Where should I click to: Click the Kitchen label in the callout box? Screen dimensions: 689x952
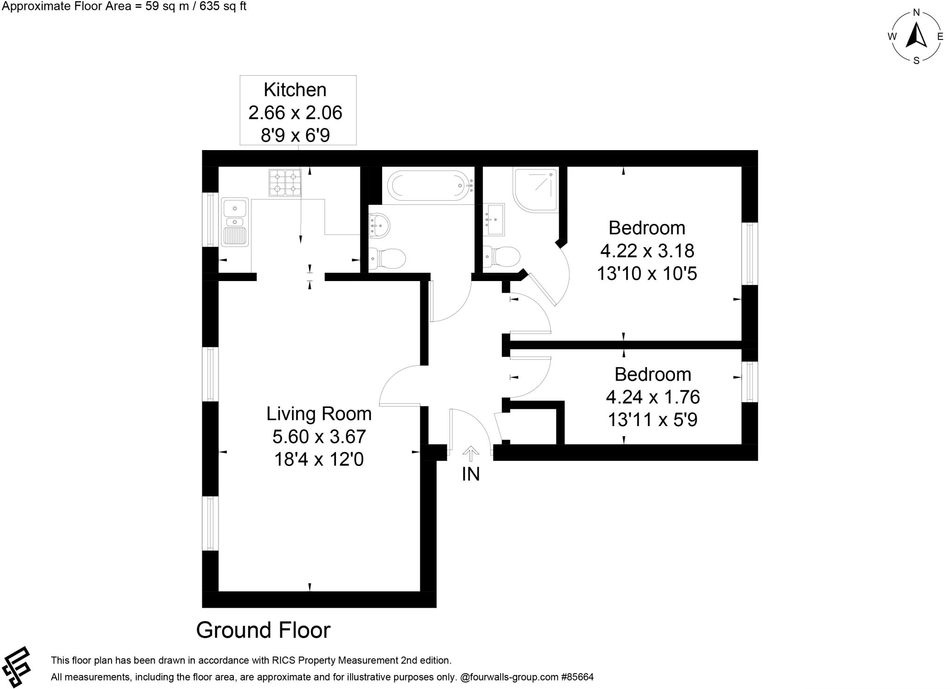[295, 90]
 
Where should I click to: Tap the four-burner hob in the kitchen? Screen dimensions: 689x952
[284, 183]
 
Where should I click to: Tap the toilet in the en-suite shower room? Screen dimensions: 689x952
[502, 256]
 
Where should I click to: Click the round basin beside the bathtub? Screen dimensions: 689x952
[379, 225]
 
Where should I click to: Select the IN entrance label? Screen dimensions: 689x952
[470, 474]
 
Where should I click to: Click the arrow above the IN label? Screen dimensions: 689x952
[470, 453]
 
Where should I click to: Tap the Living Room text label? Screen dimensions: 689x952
[318, 413]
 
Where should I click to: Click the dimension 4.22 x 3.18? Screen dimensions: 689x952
[647, 251]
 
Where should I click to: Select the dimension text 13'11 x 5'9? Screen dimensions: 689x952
[652, 420]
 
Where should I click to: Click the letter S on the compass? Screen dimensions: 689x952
[916, 60]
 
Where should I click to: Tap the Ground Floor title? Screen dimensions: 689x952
[263, 630]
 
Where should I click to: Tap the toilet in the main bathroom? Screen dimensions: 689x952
[387, 258]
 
